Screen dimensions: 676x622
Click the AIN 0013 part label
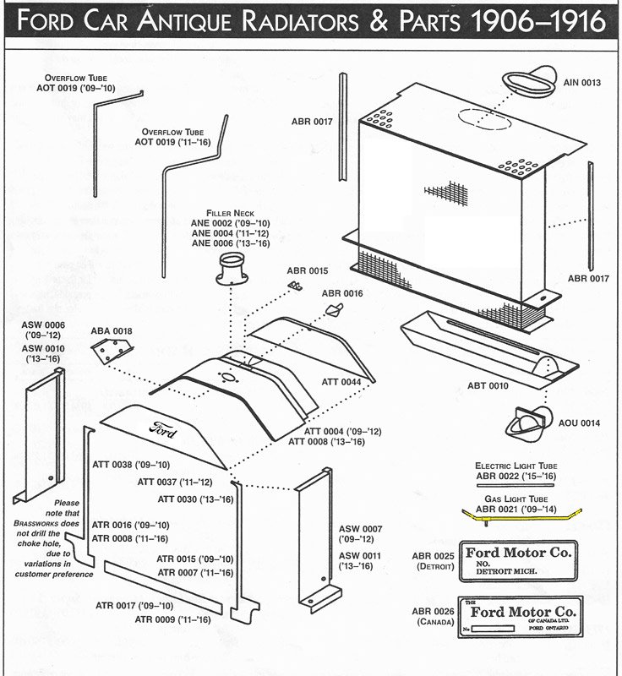[x=581, y=83]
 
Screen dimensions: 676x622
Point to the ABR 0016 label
[x=341, y=293]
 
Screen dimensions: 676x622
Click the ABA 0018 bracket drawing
[x=112, y=350]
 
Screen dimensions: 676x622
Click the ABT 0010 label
[x=488, y=386]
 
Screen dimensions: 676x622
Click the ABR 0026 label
[x=434, y=612]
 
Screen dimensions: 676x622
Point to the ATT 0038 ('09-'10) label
[x=130, y=465]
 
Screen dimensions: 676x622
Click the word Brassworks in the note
[x=57, y=523]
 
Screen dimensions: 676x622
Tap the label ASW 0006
[x=43, y=324]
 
